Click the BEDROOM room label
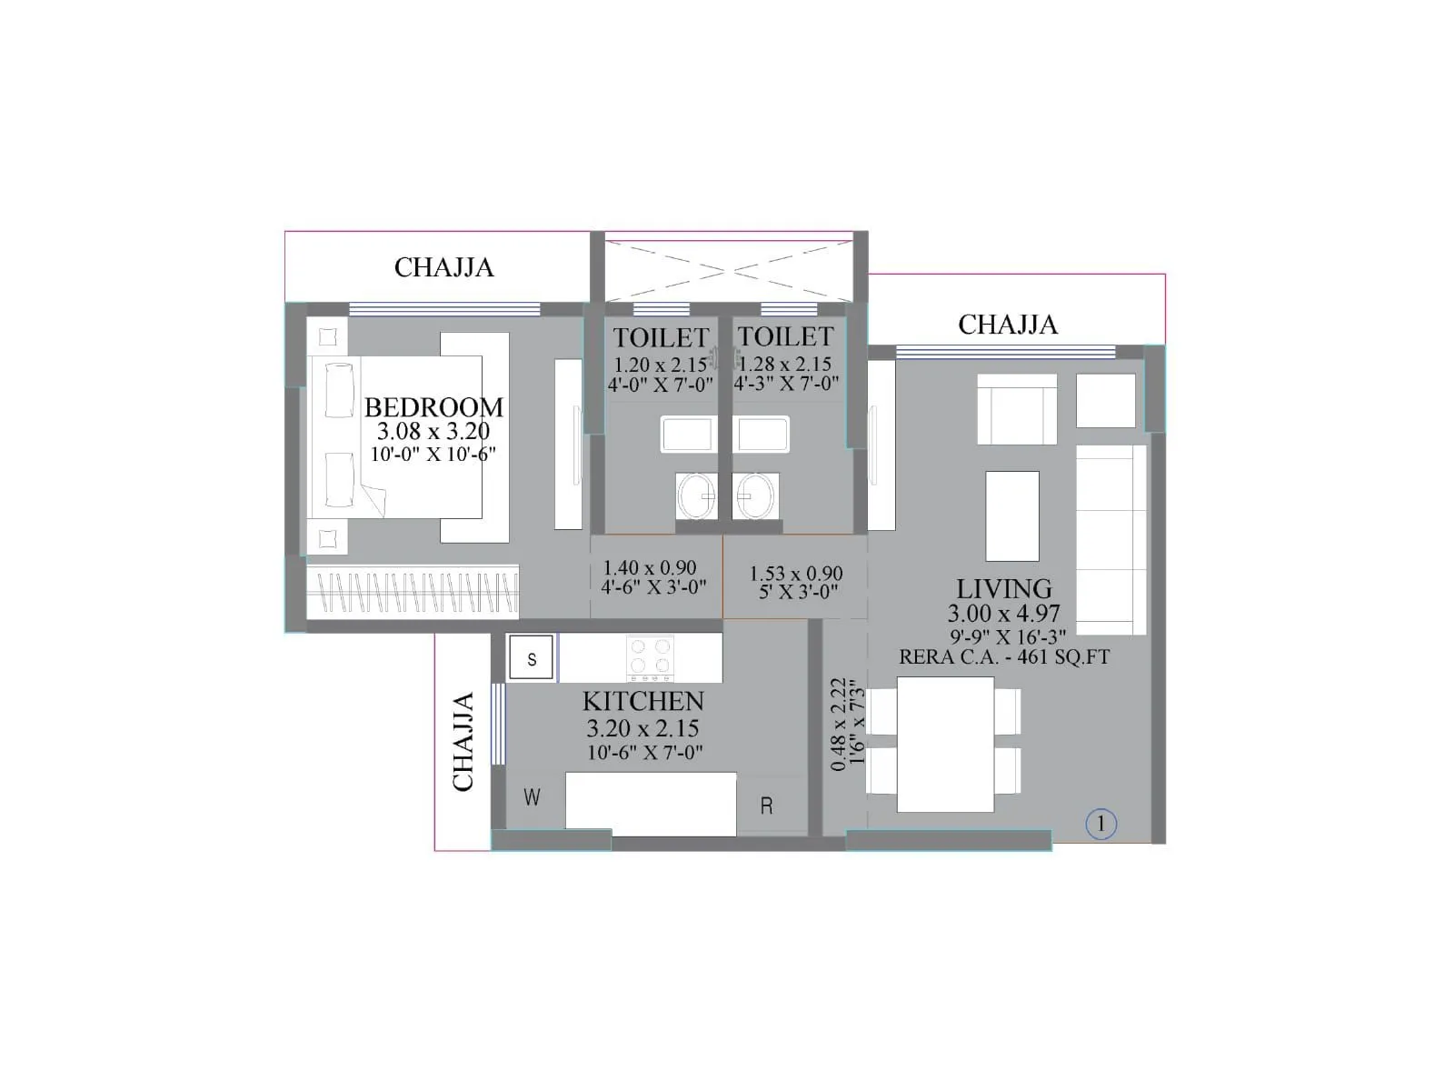tap(433, 406)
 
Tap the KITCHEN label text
tap(642, 701)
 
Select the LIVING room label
tap(1003, 589)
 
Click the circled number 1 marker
tap(1100, 824)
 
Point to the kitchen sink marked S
tap(531, 658)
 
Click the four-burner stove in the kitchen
tap(650, 658)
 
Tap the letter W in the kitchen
tap(532, 797)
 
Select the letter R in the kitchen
tap(766, 806)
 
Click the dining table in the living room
tap(945, 744)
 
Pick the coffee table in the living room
tap(1011, 516)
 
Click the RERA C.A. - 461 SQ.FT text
tap(1004, 657)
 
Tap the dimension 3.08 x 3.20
tap(433, 431)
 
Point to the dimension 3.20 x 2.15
tap(642, 728)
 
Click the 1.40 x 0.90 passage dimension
tap(650, 567)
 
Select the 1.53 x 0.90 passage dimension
tap(796, 573)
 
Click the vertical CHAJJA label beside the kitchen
tap(463, 741)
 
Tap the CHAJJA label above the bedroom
tap(443, 267)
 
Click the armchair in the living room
tap(1017, 409)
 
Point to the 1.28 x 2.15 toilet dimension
tap(785, 364)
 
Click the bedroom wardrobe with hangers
tap(413, 592)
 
